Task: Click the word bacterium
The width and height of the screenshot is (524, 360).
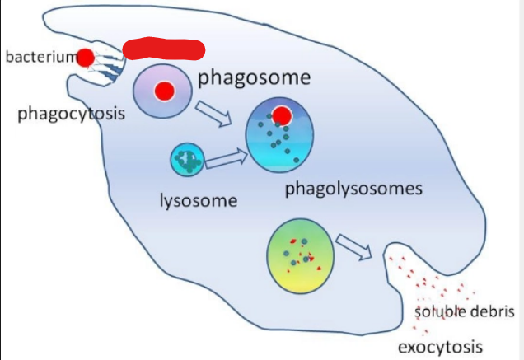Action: point(41,57)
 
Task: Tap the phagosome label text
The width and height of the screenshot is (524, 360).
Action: point(255,78)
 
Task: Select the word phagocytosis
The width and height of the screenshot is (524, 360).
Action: point(71,114)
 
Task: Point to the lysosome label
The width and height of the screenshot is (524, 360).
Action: point(199,201)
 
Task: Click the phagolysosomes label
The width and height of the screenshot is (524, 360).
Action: point(353,189)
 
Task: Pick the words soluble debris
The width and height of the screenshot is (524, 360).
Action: point(464,311)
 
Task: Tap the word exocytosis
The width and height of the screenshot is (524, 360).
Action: point(440,347)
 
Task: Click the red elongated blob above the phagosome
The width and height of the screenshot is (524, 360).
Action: point(164,49)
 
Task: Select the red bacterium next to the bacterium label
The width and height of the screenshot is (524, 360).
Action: point(86,58)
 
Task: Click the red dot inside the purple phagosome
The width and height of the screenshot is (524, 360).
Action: point(165,91)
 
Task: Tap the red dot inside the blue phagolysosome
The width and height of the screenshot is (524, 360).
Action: point(282,115)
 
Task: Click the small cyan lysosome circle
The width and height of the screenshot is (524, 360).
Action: point(187,160)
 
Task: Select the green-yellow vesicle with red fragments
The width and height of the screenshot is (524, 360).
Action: point(300,256)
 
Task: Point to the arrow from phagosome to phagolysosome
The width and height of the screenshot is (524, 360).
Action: point(214,114)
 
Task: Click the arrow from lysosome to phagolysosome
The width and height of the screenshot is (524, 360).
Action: point(227,159)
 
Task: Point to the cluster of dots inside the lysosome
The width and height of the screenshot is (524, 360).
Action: point(188,160)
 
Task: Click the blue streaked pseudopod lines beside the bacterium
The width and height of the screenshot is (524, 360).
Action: point(106,65)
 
